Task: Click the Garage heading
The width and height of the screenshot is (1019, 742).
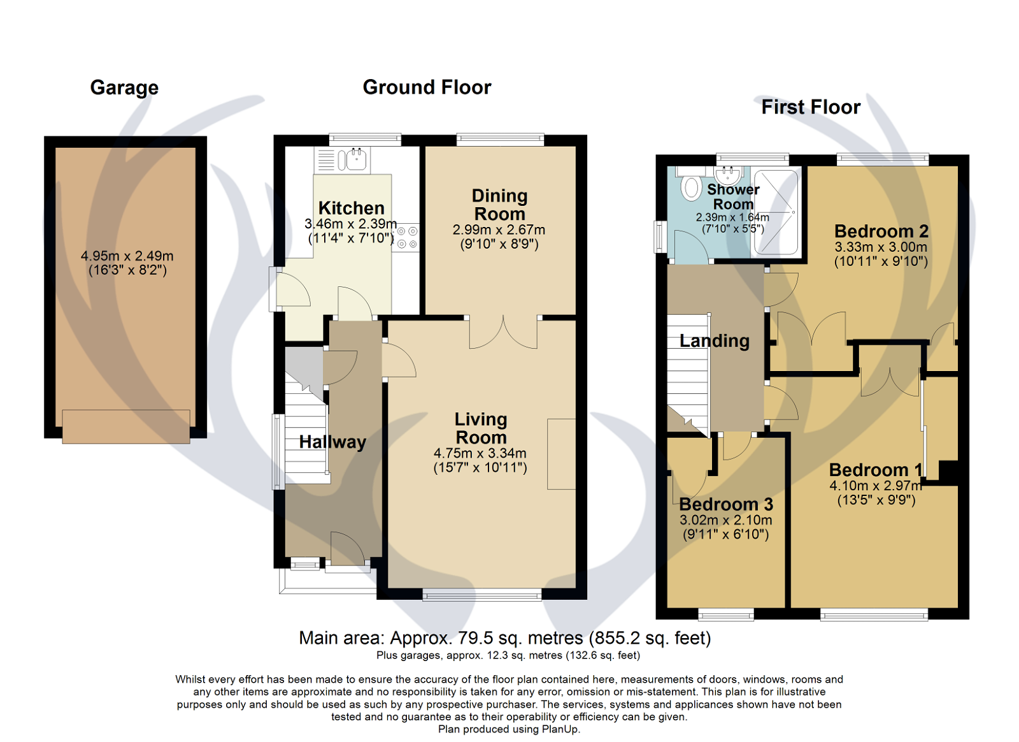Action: coord(124,87)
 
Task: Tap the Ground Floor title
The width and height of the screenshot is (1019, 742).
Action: coord(427,87)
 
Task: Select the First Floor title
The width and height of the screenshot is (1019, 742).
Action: coord(811,107)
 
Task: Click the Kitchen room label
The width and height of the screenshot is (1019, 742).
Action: coord(351,208)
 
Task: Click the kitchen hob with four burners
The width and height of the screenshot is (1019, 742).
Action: coord(406,237)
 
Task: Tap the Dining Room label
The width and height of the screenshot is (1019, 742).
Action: coord(499,205)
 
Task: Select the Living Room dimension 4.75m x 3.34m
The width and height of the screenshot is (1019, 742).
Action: coord(480,453)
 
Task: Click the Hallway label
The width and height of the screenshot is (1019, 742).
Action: coord(332,442)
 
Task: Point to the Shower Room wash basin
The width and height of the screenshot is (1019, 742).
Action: coord(727,175)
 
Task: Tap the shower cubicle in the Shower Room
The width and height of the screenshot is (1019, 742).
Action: coord(775,212)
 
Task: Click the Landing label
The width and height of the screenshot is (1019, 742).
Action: coord(714,341)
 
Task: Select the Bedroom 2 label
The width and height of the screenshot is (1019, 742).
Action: coord(881,231)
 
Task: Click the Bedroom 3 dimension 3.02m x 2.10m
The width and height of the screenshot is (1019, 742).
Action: coord(725,520)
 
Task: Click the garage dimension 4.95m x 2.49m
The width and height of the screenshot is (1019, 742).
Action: coord(127,256)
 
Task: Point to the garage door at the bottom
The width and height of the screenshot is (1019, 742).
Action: coord(126,426)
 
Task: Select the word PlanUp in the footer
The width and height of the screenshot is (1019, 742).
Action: coord(559,729)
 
